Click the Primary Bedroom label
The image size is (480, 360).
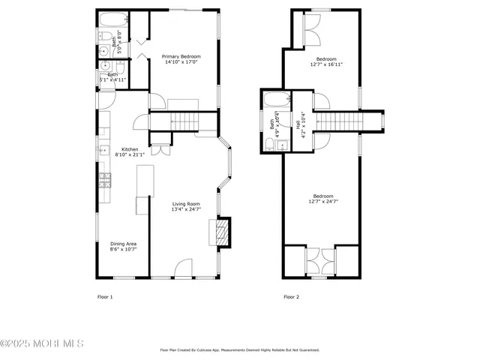pos(181,57)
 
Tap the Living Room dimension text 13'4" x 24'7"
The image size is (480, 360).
pos(187,209)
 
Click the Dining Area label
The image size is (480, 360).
pos(123,244)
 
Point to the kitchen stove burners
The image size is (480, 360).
pos(104,180)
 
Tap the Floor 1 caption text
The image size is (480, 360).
pos(105,297)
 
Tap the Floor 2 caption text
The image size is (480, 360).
pos(291,297)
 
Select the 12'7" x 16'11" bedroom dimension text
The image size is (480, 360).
pos(325,64)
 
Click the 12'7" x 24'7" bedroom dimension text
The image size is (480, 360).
pos(324,201)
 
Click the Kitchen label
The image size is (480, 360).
pos(130,149)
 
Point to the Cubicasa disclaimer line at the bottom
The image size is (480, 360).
pos(240,349)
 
